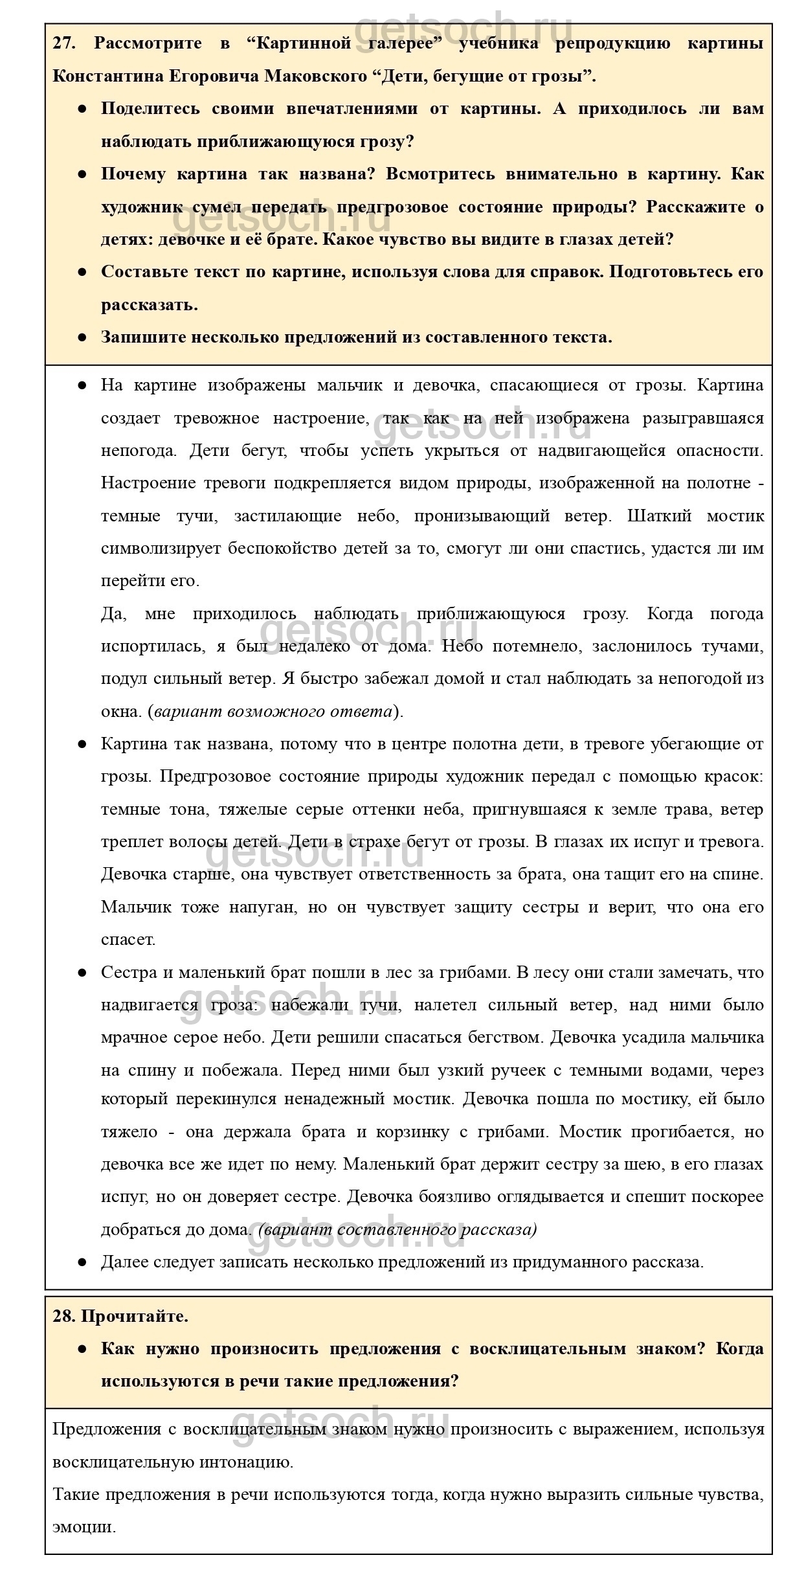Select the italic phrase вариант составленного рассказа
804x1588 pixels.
coord(397,1229)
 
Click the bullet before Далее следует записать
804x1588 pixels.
coord(82,1262)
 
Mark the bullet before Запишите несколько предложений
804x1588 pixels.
coord(82,337)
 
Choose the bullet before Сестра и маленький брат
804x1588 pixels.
coord(82,973)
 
